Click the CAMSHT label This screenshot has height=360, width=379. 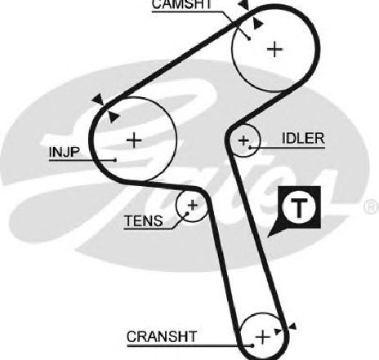(x=181, y=4)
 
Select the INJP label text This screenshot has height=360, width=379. (x=65, y=152)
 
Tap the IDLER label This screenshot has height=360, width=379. (x=303, y=138)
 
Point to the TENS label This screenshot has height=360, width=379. (x=144, y=220)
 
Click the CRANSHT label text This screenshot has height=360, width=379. (x=162, y=336)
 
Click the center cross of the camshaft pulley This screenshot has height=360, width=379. (x=275, y=50)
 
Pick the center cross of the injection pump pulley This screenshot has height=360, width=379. (x=134, y=140)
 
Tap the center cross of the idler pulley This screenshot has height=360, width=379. (x=243, y=140)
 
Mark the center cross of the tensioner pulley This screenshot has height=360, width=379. (x=193, y=205)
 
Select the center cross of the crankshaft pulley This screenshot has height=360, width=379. (x=263, y=337)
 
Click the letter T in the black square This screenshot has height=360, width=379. (x=299, y=208)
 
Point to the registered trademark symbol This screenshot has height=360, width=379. (x=372, y=206)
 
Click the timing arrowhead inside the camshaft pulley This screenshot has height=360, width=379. (x=257, y=24)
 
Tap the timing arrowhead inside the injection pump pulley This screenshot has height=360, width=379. (x=114, y=118)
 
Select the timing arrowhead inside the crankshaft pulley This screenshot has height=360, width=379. (x=278, y=331)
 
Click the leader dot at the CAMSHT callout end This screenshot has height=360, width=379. (x=249, y=38)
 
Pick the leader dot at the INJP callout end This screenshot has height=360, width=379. (x=116, y=160)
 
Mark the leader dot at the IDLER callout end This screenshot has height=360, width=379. (x=250, y=148)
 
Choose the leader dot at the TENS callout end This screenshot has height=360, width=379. (x=187, y=213)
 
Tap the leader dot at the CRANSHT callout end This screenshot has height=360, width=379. (x=252, y=346)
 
